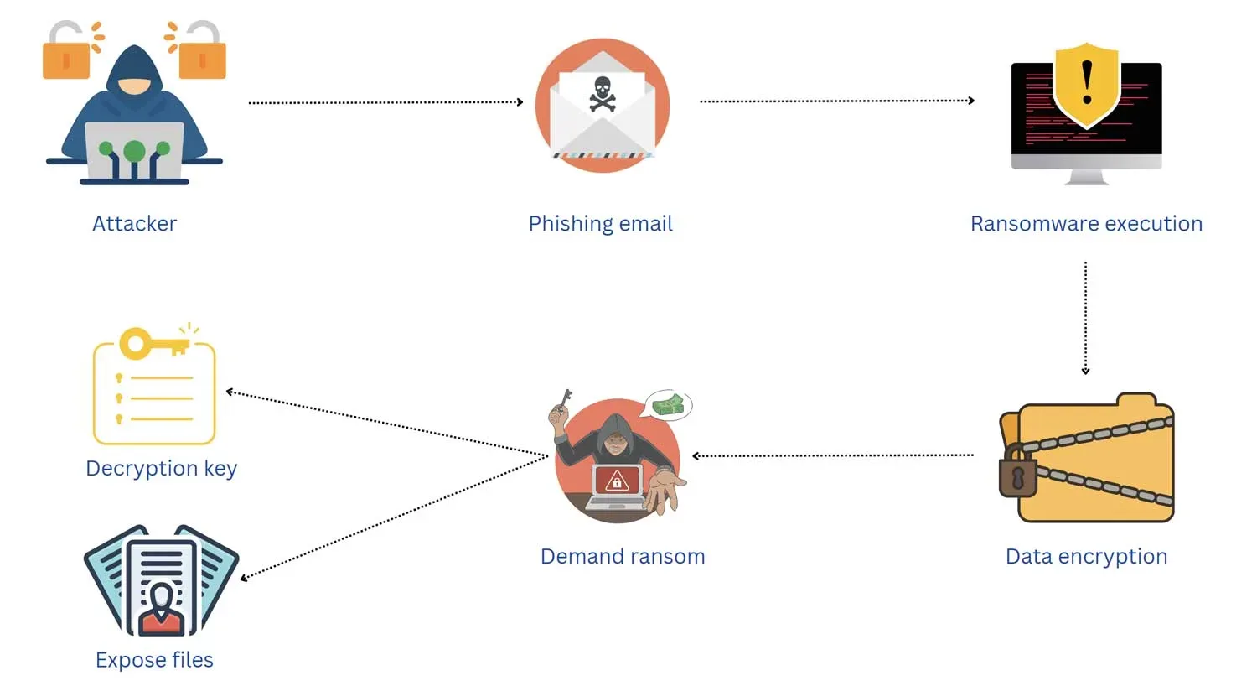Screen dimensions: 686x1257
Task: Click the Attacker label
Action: point(134,224)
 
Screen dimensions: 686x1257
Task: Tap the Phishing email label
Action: point(600,224)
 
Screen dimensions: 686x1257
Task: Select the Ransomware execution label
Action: point(1086,224)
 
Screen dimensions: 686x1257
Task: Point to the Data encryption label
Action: point(1086,556)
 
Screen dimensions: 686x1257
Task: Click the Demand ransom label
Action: point(623,556)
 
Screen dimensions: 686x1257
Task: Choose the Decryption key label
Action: point(161,468)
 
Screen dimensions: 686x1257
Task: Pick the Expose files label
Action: point(154,660)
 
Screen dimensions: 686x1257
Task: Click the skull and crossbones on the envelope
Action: point(602,93)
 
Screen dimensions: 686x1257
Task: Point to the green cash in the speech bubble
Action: point(669,406)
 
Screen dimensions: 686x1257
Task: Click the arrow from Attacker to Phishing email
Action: point(385,102)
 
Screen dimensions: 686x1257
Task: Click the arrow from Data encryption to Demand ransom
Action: point(833,455)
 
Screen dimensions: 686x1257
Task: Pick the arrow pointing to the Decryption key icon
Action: point(385,424)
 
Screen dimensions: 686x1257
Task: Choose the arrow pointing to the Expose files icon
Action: point(394,517)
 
